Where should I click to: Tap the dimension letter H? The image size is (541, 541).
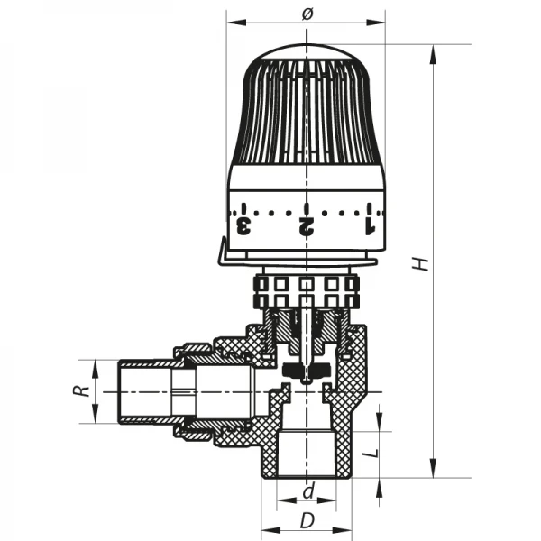[417, 263]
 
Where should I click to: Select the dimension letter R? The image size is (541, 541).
[79, 391]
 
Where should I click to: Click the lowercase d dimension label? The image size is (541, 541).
[307, 493]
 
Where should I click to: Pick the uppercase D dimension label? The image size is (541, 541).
[307, 521]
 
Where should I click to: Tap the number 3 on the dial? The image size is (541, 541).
[243, 224]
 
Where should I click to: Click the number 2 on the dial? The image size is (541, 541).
[307, 224]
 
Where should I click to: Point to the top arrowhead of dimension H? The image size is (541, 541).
[434, 51]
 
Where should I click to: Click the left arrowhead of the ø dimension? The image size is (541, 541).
[232, 21]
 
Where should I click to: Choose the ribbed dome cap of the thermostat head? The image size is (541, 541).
[307, 108]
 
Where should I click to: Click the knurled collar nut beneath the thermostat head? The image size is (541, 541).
[307, 290]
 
